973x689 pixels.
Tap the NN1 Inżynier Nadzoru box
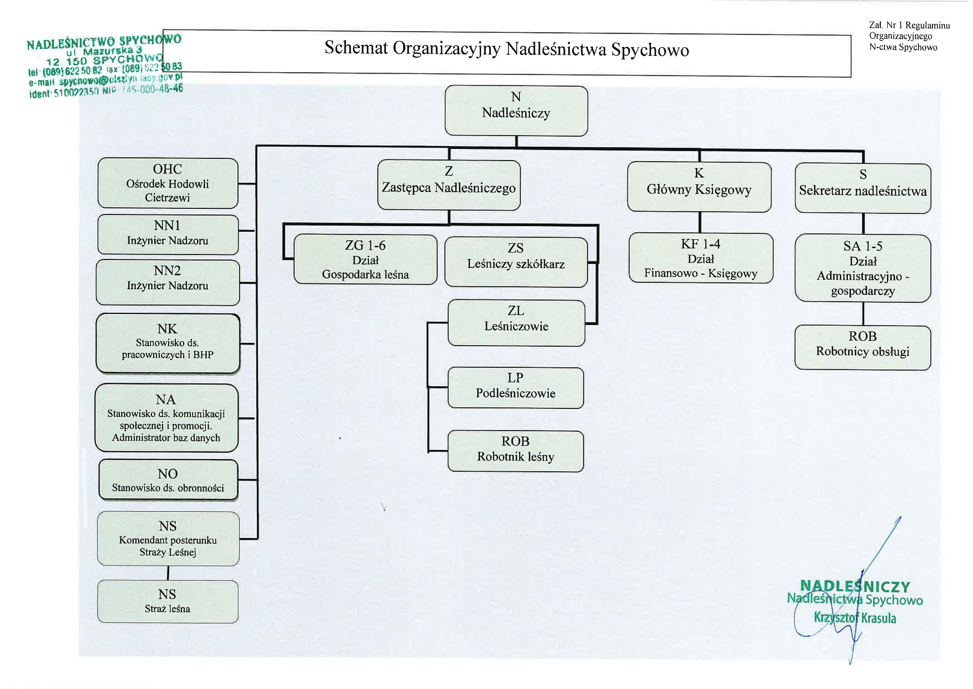pyautogui.click(x=168, y=234)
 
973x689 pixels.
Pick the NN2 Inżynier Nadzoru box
pyautogui.click(x=168, y=282)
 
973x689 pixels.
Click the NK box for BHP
pyautogui.click(x=168, y=343)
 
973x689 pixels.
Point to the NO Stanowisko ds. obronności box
pyautogui.click(x=168, y=480)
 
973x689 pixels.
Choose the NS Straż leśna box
pyautogui.click(x=168, y=601)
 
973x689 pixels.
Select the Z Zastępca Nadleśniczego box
pyautogui.click(x=449, y=185)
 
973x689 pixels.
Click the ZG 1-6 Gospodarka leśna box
pyautogui.click(x=365, y=259)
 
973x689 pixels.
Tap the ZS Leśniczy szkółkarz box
pyautogui.click(x=516, y=262)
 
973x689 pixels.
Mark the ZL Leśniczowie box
pyautogui.click(x=516, y=323)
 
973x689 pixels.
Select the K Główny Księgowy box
pyautogui.click(x=699, y=187)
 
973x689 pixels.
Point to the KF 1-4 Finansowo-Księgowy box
pyautogui.click(x=701, y=258)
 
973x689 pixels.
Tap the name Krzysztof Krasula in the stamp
pyautogui.click(x=855, y=617)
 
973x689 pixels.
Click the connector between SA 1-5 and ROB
pyautogui.click(x=863, y=314)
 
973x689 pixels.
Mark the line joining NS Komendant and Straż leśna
pyautogui.click(x=168, y=573)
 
